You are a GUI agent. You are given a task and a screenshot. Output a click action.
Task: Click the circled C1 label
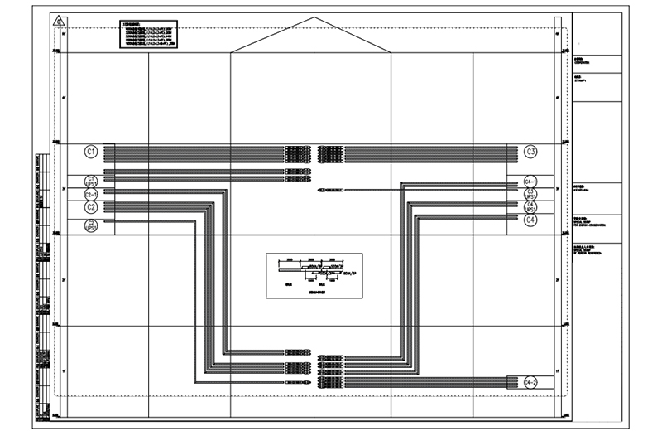(92, 151)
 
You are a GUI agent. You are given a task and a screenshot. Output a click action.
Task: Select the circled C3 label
(530, 151)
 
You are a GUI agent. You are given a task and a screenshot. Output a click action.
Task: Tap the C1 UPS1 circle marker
(92, 181)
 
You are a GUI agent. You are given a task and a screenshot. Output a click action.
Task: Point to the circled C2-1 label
(92, 193)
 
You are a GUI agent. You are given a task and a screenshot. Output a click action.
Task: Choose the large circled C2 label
(92, 207)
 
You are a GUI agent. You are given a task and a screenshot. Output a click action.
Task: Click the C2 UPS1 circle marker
(92, 224)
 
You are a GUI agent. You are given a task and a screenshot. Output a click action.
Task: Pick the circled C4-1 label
(530, 181)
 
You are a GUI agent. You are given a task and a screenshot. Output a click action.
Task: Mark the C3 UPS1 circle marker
(530, 193)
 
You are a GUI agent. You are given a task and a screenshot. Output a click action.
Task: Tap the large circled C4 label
(530, 220)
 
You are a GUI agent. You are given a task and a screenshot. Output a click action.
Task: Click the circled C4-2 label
(530, 382)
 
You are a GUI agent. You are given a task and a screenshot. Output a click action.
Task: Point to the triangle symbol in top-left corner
(57, 21)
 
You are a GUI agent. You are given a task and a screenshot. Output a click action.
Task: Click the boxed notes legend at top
(147, 34)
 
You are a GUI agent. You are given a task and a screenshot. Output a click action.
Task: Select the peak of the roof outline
(311, 17)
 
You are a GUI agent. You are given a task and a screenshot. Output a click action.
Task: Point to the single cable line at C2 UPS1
(149, 220)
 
